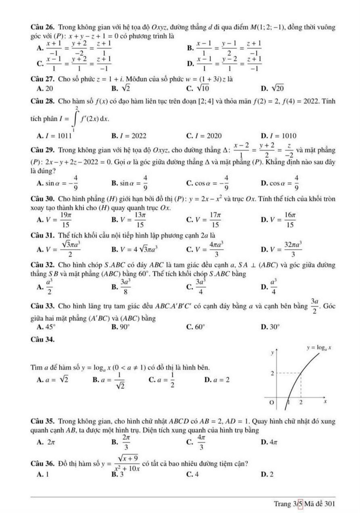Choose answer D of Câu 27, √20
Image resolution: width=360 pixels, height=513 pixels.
pos(273,88)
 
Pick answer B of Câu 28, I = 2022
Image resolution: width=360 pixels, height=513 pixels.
pos(129,136)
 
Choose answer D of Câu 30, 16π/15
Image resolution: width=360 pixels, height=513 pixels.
pos(279,220)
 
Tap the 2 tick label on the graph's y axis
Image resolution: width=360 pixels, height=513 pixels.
pos(273,373)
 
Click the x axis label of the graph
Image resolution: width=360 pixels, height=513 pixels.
pos(325,402)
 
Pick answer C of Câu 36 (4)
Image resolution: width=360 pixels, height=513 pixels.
pos(193,474)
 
